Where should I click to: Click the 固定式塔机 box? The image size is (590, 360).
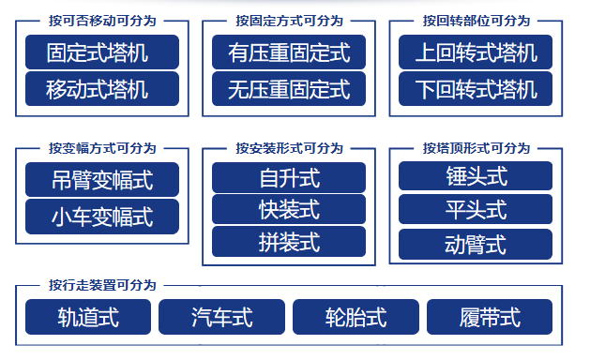(x=102, y=52)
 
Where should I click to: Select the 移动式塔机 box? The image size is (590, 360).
(x=102, y=89)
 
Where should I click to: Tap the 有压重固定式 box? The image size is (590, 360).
(x=289, y=52)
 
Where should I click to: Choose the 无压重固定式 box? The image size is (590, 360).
(x=289, y=89)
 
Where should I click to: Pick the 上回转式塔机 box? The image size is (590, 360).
(x=477, y=52)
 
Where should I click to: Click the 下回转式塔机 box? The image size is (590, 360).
(x=477, y=89)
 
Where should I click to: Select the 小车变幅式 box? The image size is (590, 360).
(x=102, y=217)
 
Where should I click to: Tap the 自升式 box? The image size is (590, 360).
(x=289, y=177)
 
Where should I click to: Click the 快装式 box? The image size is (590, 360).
(x=289, y=209)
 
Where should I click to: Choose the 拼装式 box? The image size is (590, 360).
(x=289, y=242)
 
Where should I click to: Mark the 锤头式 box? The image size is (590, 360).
(x=476, y=176)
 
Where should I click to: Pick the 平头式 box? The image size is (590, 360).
(x=476, y=209)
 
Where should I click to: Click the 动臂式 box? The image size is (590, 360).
(x=476, y=244)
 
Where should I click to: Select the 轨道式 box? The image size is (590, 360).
(x=88, y=317)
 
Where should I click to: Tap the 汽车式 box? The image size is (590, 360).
(x=221, y=317)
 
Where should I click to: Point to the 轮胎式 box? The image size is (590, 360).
(x=356, y=317)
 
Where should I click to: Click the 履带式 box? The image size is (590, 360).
(x=490, y=317)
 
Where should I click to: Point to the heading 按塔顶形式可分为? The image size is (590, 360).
(x=477, y=148)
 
